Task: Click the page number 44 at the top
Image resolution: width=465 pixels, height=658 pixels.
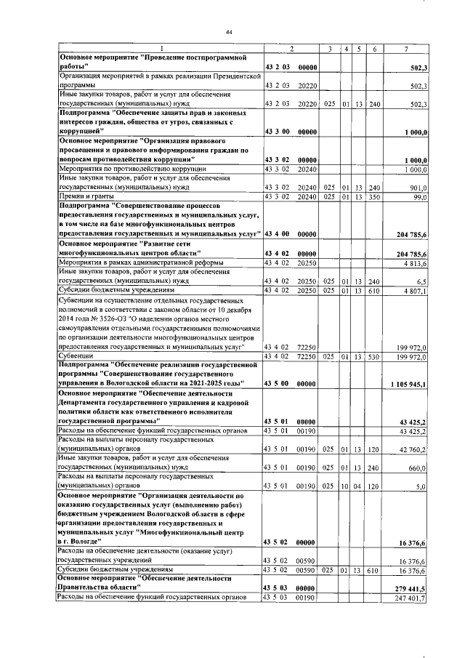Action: point(229,32)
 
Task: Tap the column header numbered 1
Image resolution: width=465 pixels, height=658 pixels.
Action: point(161,49)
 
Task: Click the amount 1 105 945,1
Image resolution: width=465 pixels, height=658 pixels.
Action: point(411,383)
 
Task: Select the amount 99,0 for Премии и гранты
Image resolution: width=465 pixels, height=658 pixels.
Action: point(421,196)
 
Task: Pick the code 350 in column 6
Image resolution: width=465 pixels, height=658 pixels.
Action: point(374,196)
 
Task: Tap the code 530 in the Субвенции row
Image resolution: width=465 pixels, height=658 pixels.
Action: point(374,357)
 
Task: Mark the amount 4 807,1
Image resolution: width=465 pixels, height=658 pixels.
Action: point(416,291)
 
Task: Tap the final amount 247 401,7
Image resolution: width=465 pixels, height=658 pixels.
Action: point(413,599)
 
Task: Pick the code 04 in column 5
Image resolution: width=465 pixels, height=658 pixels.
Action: point(358,486)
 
